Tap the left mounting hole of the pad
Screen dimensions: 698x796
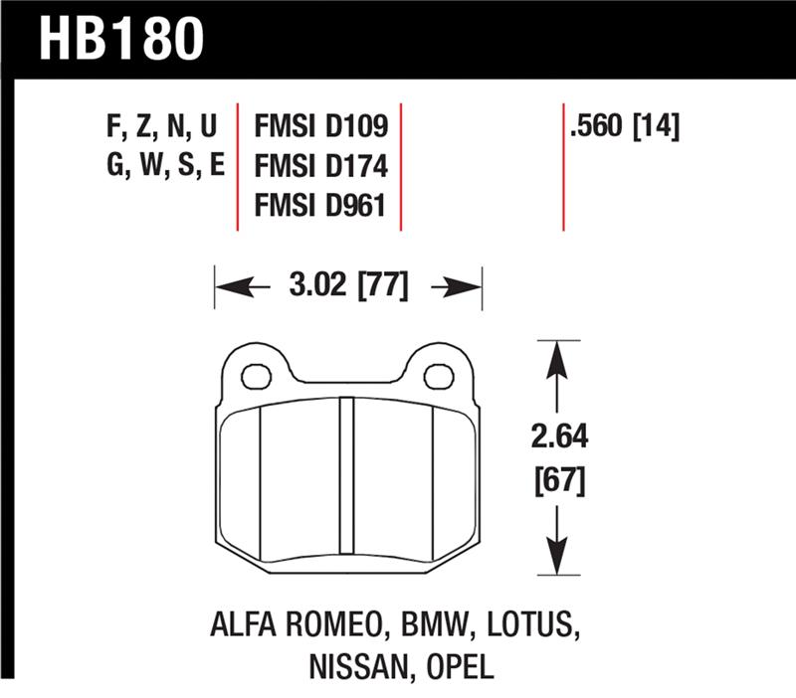[257, 376]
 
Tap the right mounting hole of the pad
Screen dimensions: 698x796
[438, 376]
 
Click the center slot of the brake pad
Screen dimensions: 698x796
[347, 465]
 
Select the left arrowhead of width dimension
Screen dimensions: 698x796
[228, 287]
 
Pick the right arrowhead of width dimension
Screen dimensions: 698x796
[469, 287]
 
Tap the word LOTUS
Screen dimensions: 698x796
[533, 626]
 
